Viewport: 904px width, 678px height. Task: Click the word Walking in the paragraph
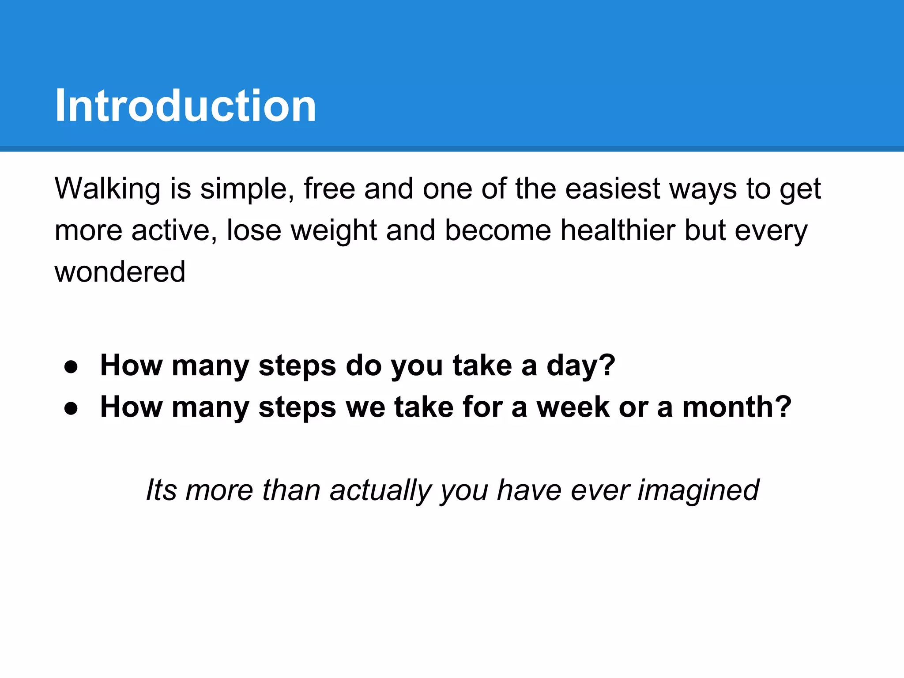[x=107, y=189]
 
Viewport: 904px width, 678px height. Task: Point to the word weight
[x=334, y=230]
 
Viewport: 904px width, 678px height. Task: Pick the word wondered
[x=120, y=272]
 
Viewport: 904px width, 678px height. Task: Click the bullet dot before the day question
[x=71, y=367]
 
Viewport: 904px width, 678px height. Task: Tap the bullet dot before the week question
[x=71, y=408]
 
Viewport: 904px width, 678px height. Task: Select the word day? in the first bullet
[x=580, y=366]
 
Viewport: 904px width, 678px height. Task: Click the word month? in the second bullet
[x=737, y=407]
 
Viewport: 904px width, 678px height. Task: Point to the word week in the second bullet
[x=573, y=407]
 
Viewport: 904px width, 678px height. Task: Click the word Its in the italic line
[x=161, y=490]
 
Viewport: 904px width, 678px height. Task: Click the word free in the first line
[x=329, y=189]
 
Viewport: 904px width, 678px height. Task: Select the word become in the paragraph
[x=498, y=230]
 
